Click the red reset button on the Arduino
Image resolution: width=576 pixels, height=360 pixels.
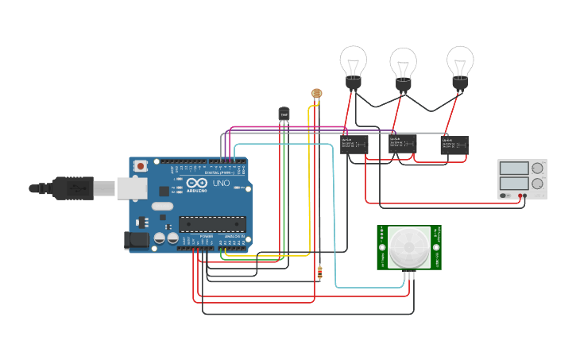point(141,166)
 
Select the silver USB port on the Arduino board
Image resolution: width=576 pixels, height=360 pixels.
point(131,188)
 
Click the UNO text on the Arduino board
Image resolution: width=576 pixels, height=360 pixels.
point(221,184)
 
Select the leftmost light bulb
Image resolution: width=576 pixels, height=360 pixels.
point(353,63)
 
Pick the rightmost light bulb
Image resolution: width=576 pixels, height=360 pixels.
point(460,63)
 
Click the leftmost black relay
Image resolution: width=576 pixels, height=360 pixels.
point(354,144)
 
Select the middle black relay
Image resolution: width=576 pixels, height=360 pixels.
point(403,144)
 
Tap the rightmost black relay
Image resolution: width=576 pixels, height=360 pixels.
point(454,144)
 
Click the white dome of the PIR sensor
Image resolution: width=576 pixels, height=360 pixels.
point(408,248)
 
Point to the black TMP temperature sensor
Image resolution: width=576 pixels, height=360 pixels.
point(284,114)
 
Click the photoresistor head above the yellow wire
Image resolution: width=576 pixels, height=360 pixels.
point(317,94)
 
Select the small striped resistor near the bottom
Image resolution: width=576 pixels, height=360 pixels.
point(319,273)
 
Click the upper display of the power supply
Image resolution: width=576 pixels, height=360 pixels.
point(513,168)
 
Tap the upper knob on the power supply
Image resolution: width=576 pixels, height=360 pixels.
point(538,168)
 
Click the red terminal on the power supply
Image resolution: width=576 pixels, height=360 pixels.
point(520,195)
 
